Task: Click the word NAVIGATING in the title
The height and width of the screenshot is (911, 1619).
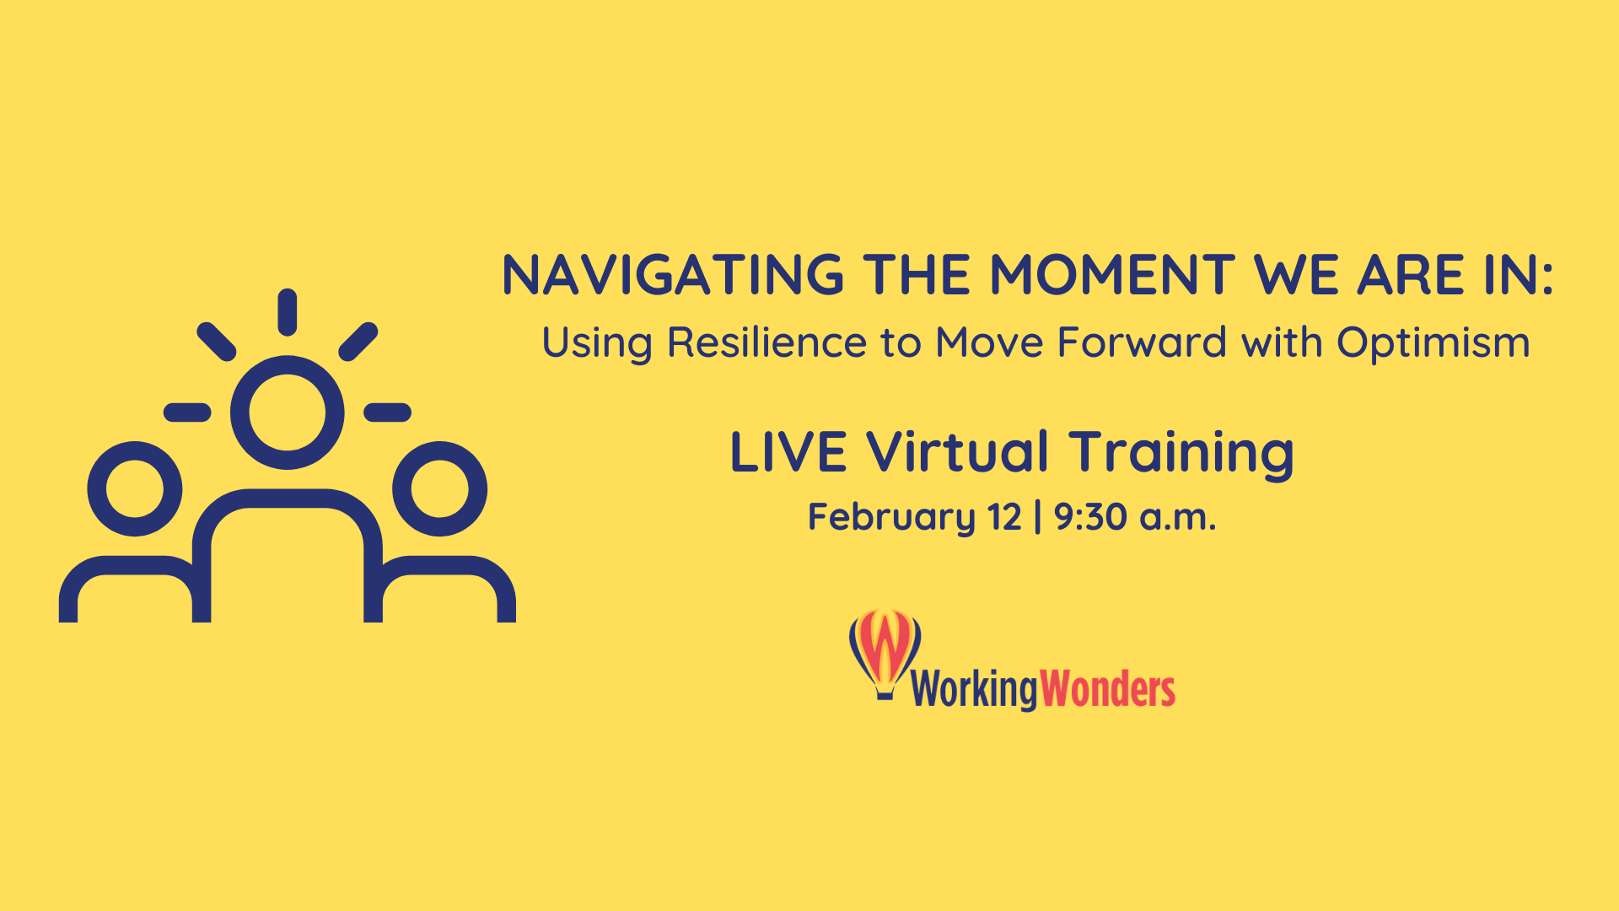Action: coord(673,276)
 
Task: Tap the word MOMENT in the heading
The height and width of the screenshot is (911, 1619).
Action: coord(1112,276)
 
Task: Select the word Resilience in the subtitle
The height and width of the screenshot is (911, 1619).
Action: coord(766,342)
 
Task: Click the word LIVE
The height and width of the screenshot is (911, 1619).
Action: coord(788,452)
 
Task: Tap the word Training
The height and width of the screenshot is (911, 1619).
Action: coord(1181,454)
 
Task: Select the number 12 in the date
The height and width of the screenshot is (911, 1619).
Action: coord(1005,517)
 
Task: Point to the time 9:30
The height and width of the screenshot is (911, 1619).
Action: coord(1091,517)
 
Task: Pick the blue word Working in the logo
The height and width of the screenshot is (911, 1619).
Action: coord(974,690)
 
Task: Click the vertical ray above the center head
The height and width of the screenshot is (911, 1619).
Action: coord(288,312)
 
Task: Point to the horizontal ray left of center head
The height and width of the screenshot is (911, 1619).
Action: coord(187,412)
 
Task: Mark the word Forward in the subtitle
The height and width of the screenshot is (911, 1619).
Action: coord(1143,342)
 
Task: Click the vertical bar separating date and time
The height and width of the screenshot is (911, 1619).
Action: coord(1037,517)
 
